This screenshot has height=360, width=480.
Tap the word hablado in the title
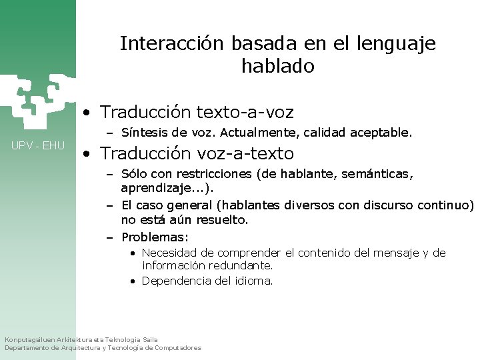(x=277, y=67)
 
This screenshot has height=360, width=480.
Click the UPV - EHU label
(x=37, y=145)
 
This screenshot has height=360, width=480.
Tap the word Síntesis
(x=141, y=133)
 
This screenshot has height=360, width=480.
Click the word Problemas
(x=155, y=237)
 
